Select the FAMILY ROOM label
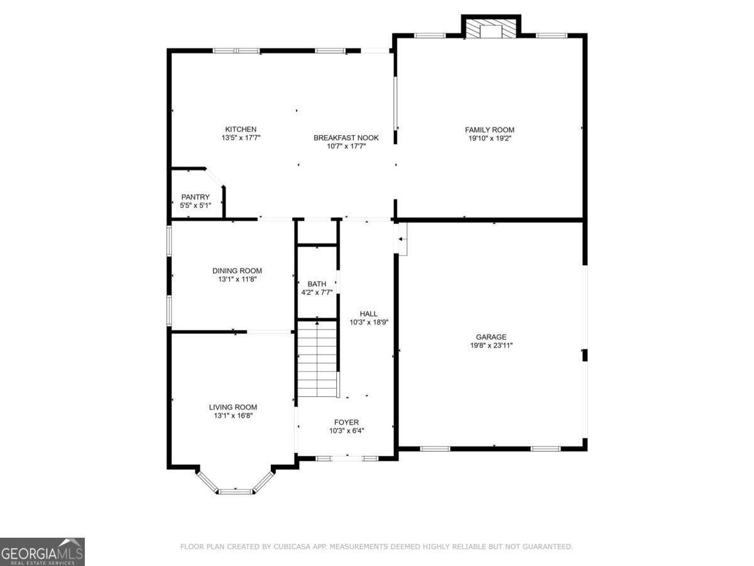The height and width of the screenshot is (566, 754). tap(489, 130)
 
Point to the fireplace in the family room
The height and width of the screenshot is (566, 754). tap(491, 29)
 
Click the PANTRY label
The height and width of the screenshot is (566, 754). tap(195, 197)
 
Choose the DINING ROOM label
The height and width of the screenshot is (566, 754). tap(237, 271)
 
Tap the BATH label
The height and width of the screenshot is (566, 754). tap(317, 284)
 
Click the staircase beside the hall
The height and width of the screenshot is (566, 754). tap(318, 358)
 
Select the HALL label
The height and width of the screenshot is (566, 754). tap(368, 314)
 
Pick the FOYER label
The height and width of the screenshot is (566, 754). tap(346, 422)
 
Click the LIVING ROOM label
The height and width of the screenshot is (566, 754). tap(233, 407)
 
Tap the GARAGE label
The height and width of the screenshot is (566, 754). tap(491, 337)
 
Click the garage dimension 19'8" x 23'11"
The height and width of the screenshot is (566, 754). tap(491, 345)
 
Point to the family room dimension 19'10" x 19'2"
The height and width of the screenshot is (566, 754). tap(489, 138)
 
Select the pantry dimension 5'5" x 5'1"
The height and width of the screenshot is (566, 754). tap(195, 205)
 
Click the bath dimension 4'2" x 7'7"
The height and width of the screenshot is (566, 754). tap(317, 292)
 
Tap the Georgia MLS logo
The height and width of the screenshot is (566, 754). tap(42, 552)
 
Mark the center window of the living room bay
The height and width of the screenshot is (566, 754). tap(236, 491)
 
